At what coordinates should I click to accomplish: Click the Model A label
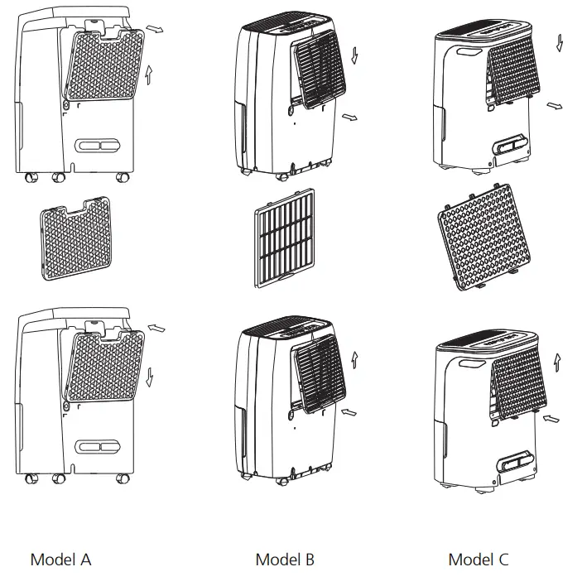tap(60, 560)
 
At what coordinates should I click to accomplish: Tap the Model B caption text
tap(285, 560)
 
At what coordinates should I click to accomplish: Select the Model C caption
tap(479, 560)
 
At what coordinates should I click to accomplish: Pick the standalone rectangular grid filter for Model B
tap(284, 237)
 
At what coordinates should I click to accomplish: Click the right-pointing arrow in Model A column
tap(155, 29)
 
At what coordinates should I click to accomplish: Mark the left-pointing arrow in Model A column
tap(156, 329)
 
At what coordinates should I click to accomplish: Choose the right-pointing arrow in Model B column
tap(352, 118)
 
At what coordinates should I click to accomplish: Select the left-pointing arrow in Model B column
tap(351, 410)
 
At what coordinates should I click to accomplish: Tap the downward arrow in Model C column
tap(560, 42)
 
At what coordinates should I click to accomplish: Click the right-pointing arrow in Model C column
tap(556, 106)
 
